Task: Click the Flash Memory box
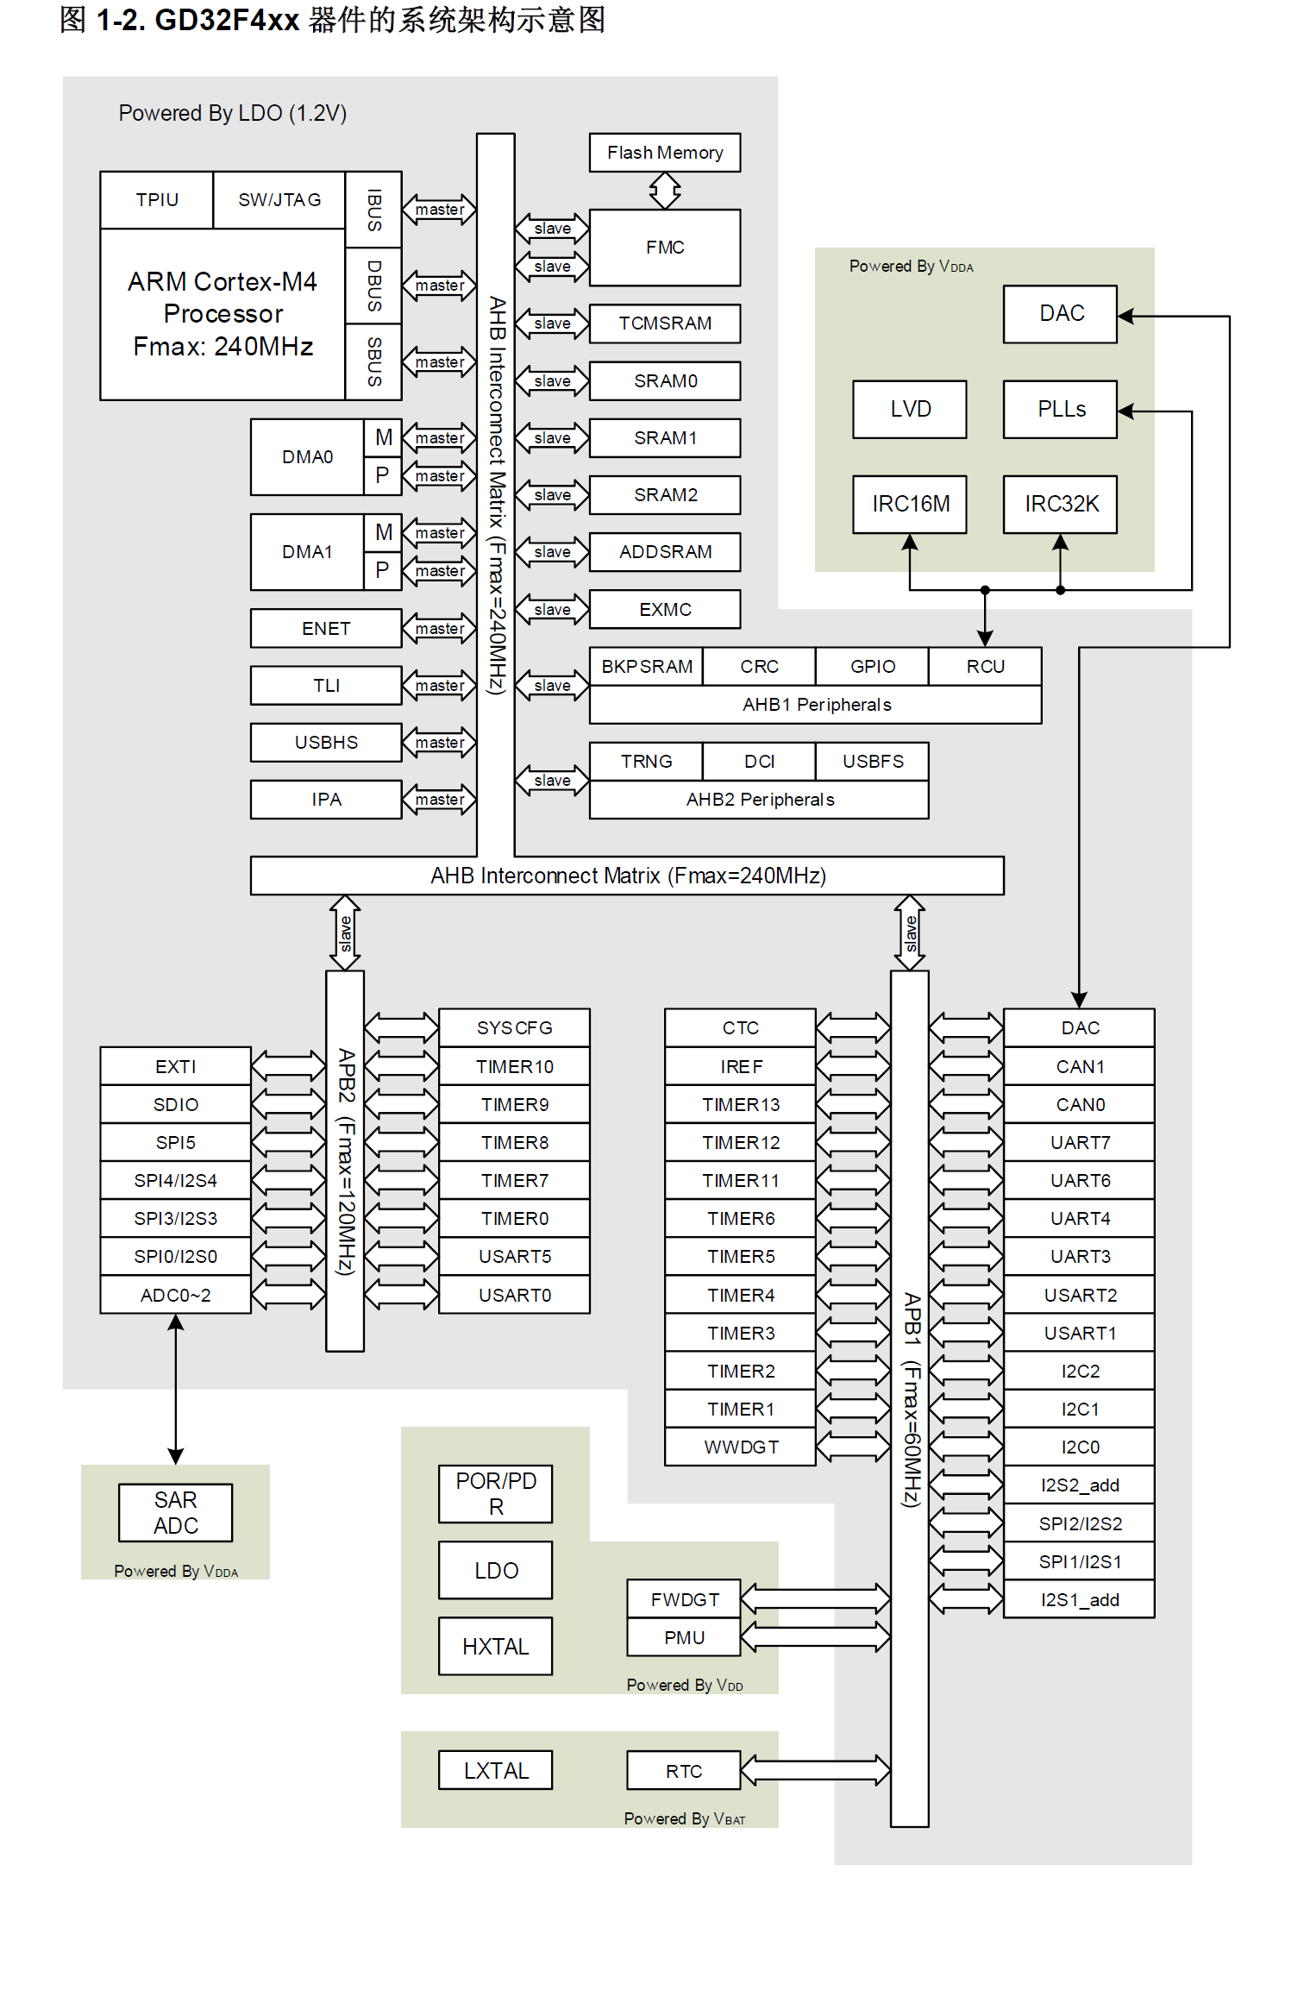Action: click(x=664, y=153)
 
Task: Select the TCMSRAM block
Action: click(x=664, y=323)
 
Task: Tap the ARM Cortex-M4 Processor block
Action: click(x=223, y=314)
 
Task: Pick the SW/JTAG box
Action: click(x=279, y=200)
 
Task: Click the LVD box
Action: click(x=910, y=409)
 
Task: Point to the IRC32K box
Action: click(x=1060, y=504)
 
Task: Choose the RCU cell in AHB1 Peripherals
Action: click(x=985, y=667)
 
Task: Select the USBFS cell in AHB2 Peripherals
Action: click(x=872, y=761)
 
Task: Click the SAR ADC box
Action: click(x=175, y=1512)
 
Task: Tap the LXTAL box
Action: click(x=495, y=1770)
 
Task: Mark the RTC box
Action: click(x=683, y=1771)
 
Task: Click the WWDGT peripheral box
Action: click(x=740, y=1447)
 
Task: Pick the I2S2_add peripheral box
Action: click(x=1079, y=1485)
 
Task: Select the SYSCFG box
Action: click(x=514, y=1027)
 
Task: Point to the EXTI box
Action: click(x=175, y=1066)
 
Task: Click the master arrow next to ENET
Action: click(x=439, y=629)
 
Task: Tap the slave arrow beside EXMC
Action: click(x=552, y=610)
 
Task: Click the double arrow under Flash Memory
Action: click(x=664, y=191)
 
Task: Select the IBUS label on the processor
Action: click(x=373, y=210)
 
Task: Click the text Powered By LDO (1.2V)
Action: click(x=232, y=113)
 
